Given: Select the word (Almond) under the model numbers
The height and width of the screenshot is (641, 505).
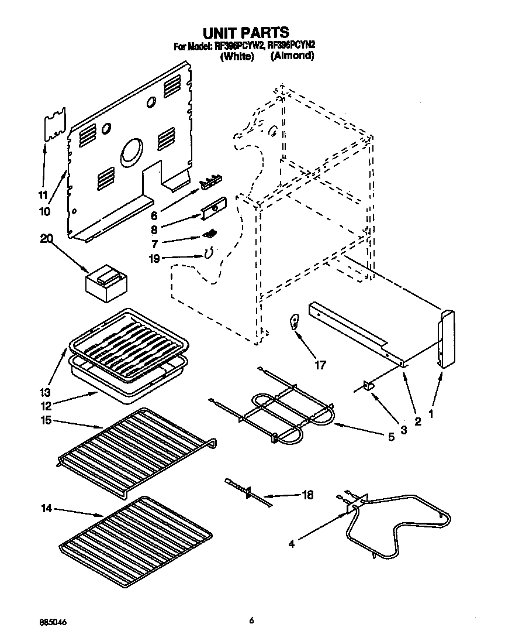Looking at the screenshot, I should pyautogui.click(x=292, y=56).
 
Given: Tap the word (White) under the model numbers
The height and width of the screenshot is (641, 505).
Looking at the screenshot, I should pyautogui.click(x=236, y=57).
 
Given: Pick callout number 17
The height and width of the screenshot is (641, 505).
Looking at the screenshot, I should pyautogui.click(x=320, y=365).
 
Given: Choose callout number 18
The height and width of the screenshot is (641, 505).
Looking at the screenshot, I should pyautogui.click(x=307, y=495).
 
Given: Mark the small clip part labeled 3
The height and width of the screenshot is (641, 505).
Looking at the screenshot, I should pyautogui.click(x=369, y=386).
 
